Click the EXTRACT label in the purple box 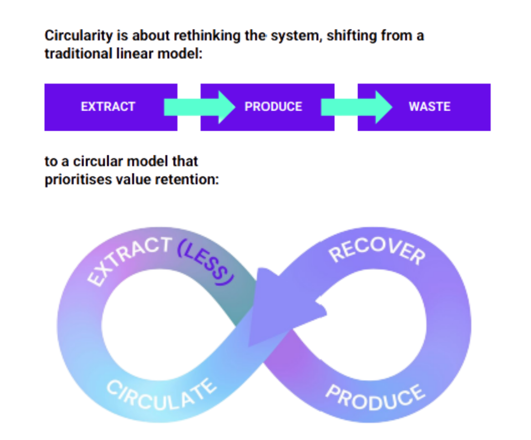[108, 107]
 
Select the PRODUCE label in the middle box [273, 107]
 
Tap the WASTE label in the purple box [429, 107]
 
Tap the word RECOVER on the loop [376, 251]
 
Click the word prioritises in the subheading [77, 179]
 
